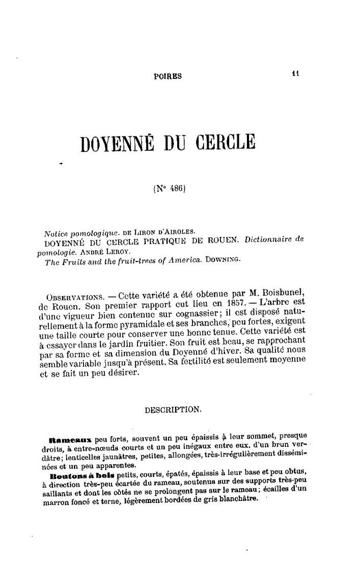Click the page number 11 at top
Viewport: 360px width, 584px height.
295,73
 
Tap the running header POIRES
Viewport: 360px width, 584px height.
168,76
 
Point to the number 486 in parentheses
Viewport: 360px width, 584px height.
174,187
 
